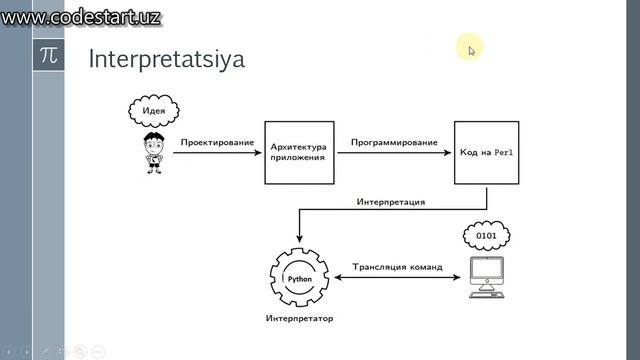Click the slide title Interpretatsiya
pos(167,59)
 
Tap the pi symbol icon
pos(48,56)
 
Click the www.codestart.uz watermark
pos(82,17)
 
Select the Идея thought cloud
pos(154,110)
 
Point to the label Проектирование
pos(217,143)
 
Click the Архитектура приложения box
pos(298,152)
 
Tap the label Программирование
pos(394,143)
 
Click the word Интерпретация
pos(391,202)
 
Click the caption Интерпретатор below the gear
pos(300,319)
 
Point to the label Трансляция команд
pos(397,267)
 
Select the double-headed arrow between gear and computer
pos(397,279)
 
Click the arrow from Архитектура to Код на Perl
pos(394,154)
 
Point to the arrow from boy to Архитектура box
pos(217,154)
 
